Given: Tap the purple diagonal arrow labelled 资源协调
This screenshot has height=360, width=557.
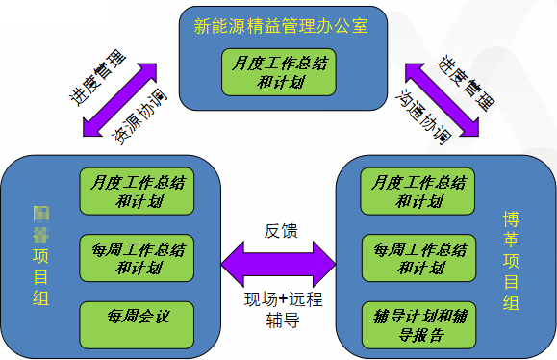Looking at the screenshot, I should [121, 99].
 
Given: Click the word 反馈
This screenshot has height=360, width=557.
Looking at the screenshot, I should [280, 231].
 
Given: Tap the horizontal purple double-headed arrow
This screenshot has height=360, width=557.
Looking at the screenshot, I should [279, 262].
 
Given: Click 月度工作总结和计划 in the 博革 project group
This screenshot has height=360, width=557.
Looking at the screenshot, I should [418, 191].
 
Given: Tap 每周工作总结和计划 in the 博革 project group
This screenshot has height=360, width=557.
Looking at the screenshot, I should [418, 258].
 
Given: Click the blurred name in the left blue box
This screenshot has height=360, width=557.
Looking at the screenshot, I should [41, 222].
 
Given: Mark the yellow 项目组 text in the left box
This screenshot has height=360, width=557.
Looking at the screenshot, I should [41, 279].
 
